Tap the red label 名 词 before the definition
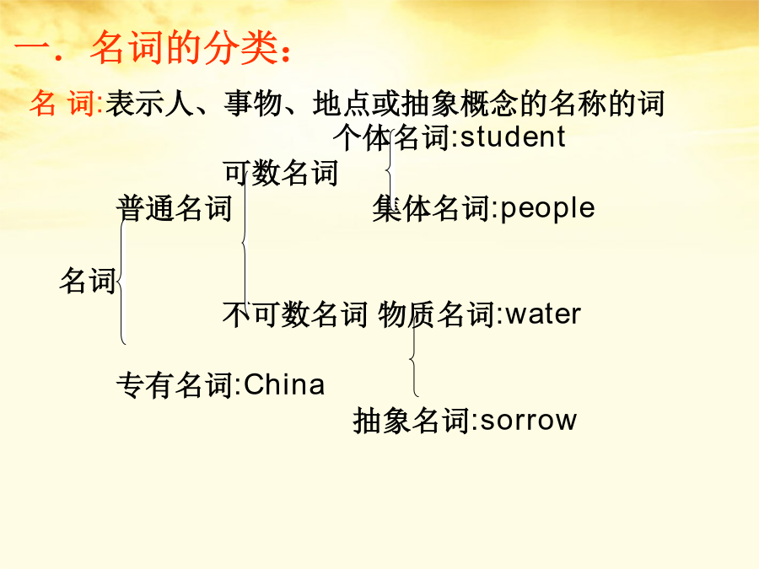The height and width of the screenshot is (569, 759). tap(62, 103)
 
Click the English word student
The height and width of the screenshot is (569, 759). tap(513, 137)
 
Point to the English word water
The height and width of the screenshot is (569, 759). tap(543, 314)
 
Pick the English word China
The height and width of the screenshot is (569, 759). tap(284, 385)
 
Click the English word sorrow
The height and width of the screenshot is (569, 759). tap(529, 420)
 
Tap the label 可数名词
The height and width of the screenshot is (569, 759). tap(280, 173)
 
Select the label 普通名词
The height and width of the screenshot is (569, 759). tap(175, 208)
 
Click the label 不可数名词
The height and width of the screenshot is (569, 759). tap(295, 314)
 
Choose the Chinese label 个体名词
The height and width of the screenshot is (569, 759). tap(391, 137)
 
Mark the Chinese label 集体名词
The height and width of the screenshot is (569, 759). tap(431, 208)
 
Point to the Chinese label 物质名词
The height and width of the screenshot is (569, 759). tap(436, 314)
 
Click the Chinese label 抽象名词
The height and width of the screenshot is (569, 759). tap(412, 420)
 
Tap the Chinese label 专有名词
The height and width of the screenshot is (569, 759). tap(175, 385)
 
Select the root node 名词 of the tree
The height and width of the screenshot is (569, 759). tap(88, 280)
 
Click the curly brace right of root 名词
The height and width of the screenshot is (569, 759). tap(121, 281)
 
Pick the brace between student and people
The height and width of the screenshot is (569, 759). tap(390, 169)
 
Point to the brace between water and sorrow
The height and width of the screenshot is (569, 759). tap(413, 359)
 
